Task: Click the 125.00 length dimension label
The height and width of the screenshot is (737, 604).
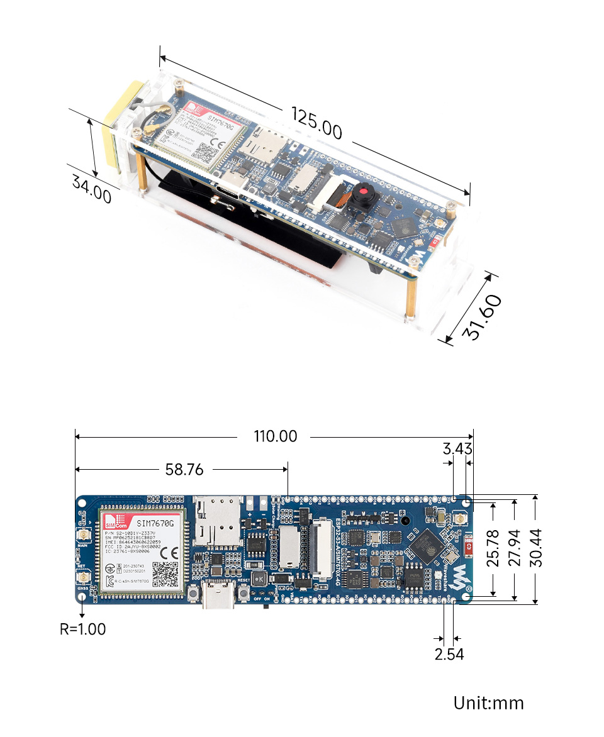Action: tap(316, 123)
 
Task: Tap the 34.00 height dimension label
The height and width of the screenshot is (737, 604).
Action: tap(92, 189)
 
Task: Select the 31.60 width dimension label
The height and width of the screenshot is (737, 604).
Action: tap(483, 316)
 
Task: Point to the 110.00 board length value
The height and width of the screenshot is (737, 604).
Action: tap(276, 436)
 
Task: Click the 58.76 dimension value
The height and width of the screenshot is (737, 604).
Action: tap(184, 470)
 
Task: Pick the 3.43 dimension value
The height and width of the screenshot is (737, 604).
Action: tap(457, 449)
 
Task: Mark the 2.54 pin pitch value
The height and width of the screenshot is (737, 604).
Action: tap(449, 654)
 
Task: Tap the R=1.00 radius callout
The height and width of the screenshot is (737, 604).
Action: tap(83, 628)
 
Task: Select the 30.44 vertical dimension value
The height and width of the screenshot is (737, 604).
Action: tap(535, 548)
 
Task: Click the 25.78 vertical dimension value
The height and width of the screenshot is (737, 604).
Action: tap(493, 548)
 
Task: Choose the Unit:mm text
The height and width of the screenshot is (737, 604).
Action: tap(488, 702)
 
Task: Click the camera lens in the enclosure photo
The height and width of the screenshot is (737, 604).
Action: tap(364, 191)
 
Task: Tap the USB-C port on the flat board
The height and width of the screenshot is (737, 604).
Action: tap(218, 596)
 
